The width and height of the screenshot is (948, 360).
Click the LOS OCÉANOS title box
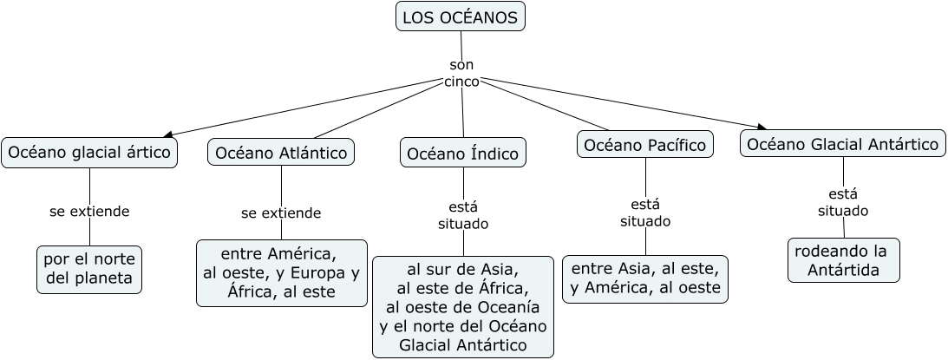pyautogui.click(x=460, y=16)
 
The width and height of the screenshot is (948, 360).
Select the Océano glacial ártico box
pyautogui.click(x=89, y=153)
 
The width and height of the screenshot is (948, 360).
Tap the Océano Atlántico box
pyautogui.click(x=281, y=153)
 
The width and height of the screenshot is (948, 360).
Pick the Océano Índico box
pyautogui.click(x=463, y=154)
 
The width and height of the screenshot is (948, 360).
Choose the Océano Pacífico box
pyautogui.click(x=645, y=144)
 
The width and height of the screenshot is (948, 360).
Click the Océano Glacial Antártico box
pyautogui.click(x=843, y=144)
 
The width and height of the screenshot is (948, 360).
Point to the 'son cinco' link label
pyautogui.click(x=461, y=74)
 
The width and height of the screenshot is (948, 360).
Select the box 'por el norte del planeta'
pyautogui.click(x=89, y=269)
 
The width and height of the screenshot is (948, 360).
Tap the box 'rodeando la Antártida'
pyautogui.click(x=843, y=260)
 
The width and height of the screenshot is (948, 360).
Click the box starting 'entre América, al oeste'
pyautogui.click(x=281, y=273)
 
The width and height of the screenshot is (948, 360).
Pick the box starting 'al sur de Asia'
pyautogui.click(x=463, y=306)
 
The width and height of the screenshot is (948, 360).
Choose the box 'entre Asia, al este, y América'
pyautogui.click(x=645, y=278)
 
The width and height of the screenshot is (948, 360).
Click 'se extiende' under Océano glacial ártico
pyautogui.click(x=89, y=211)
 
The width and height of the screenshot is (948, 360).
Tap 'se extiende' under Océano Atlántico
pyautogui.click(x=281, y=213)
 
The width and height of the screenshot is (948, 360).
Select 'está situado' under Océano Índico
pyautogui.click(x=463, y=214)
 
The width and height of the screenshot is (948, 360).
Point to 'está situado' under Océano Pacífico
pyautogui.click(x=645, y=213)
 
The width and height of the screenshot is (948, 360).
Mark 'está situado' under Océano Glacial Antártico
pyautogui.click(x=843, y=201)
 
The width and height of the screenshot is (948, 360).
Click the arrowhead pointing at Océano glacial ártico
pyautogui.click(x=167, y=134)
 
